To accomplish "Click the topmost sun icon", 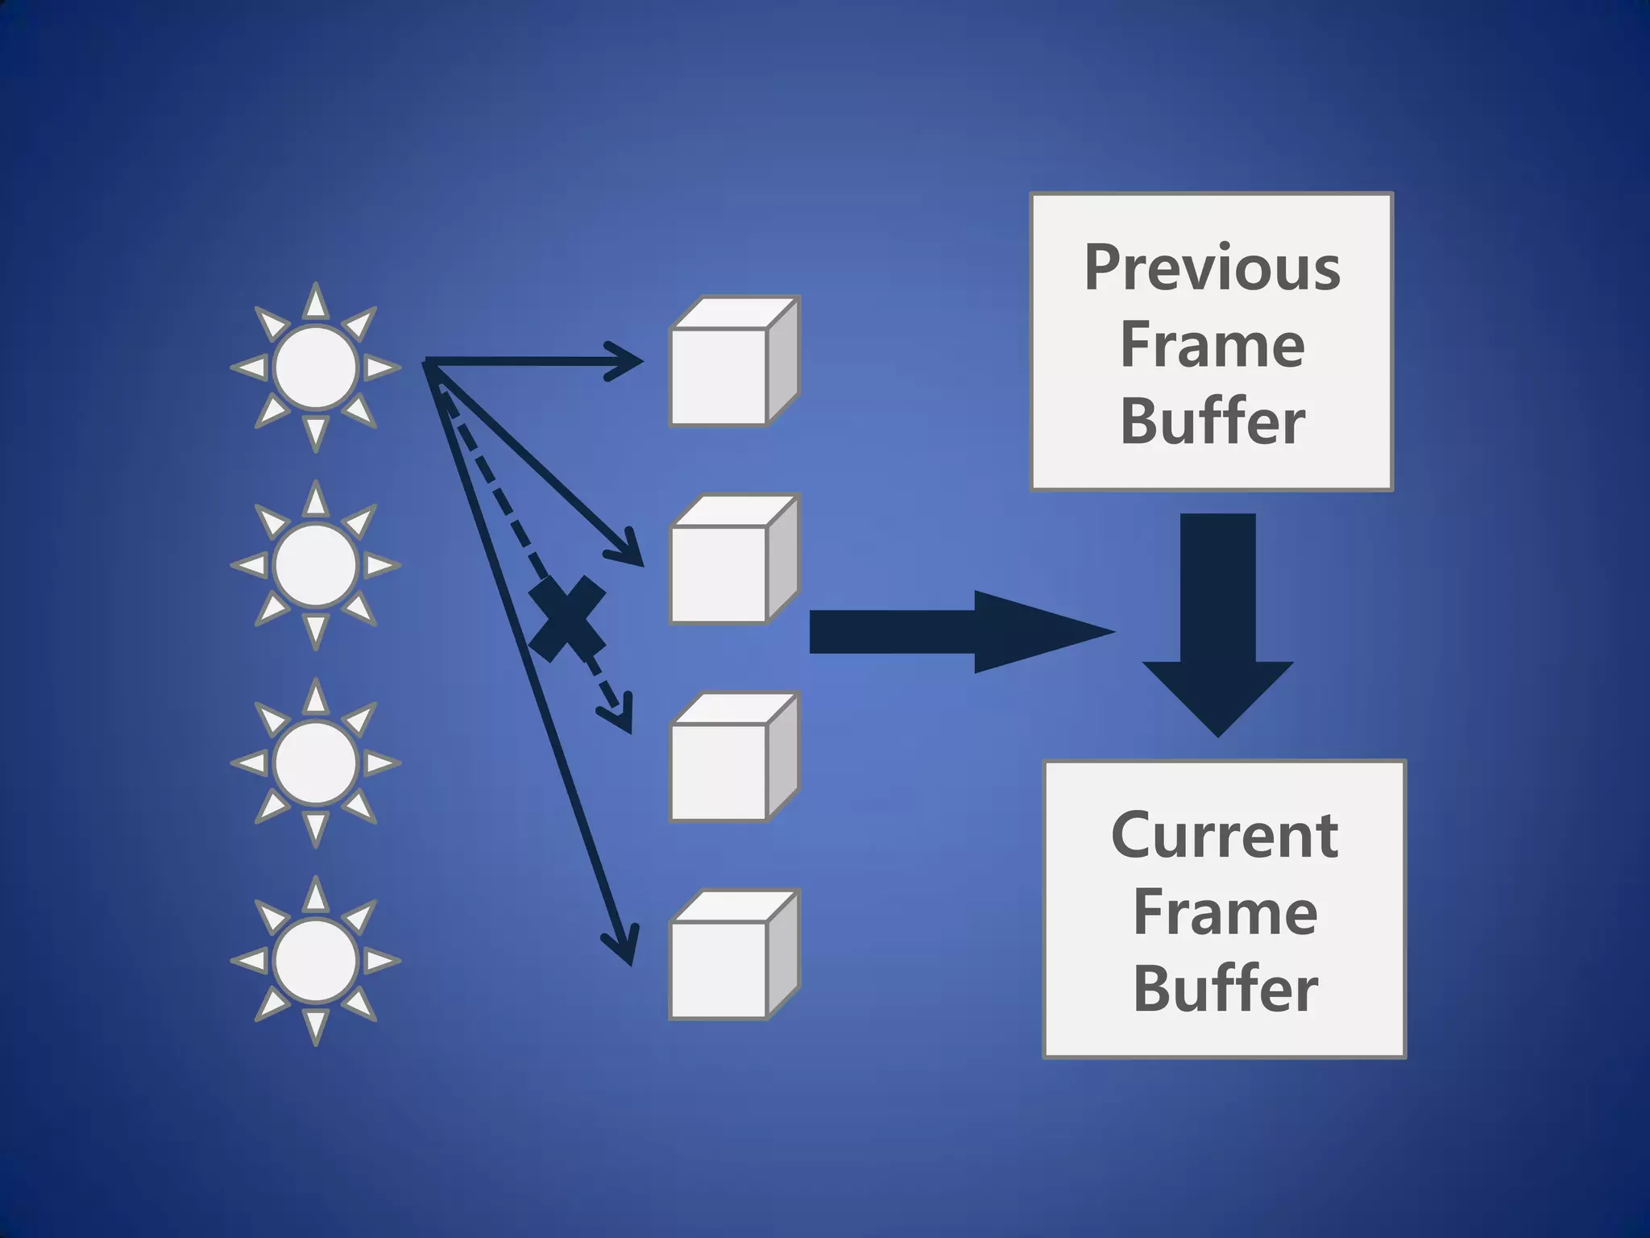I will pos(315,367).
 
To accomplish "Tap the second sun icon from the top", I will pos(315,565).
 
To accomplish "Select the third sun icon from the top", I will pos(315,762).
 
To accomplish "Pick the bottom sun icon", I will pos(315,961).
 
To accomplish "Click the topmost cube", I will pos(734,362).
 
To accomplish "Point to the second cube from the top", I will pos(734,559).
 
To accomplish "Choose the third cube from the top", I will pos(734,758).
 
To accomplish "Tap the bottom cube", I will pos(734,955).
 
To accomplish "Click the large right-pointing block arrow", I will pos(959,632).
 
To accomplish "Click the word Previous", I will pos(1212,268).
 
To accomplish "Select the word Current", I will pos(1225,835).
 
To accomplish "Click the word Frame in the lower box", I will pos(1225,912).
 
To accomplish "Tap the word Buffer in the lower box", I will pos(1225,989).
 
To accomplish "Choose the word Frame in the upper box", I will pos(1212,345).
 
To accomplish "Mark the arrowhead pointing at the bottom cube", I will pos(623,947).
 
